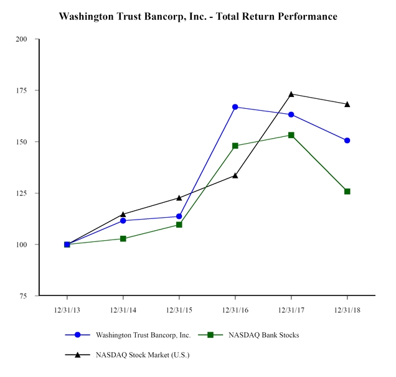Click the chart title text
[x=197, y=16]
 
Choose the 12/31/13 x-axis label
[x=67, y=309]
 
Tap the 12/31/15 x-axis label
[x=179, y=309]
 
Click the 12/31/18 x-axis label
[x=347, y=309]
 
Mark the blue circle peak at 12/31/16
[x=235, y=107]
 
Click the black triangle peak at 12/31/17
[x=291, y=94]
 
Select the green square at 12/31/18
[x=347, y=192]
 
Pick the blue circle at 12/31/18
[x=347, y=141]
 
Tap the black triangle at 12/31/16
[x=235, y=175]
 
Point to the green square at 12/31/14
[x=123, y=239]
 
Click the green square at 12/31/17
[x=291, y=135]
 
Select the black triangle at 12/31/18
[x=347, y=104]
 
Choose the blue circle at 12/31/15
[x=179, y=216]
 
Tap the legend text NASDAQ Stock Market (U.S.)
[x=142, y=355]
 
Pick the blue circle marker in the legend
[x=78, y=335]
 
